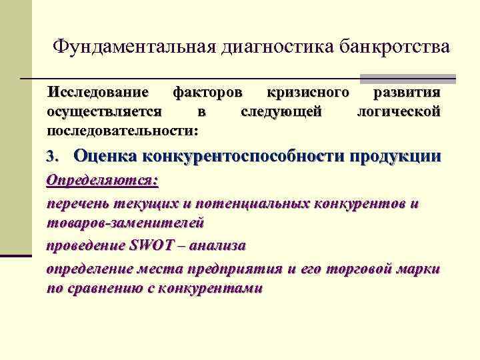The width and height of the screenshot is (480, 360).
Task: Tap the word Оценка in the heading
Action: pos(104,157)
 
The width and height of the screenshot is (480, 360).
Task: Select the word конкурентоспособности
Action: pos(243,157)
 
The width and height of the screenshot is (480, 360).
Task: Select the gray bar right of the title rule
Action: pos(407,79)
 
